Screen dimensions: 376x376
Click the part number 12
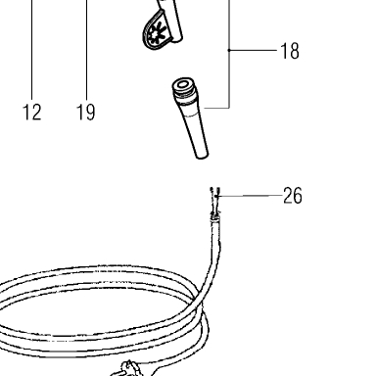pyautogui.click(x=31, y=112)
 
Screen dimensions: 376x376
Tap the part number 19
pyautogui.click(x=85, y=112)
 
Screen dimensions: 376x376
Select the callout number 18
pyautogui.click(x=290, y=51)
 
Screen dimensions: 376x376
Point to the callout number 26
pyautogui.click(x=293, y=196)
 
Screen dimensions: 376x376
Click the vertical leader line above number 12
pyautogui.click(x=32, y=49)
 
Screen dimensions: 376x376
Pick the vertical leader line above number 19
pyautogui.click(x=86, y=49)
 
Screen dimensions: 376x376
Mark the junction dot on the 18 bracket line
pyautogui.click(x=229, y=50)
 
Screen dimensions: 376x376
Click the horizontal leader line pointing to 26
pyautogui.click(x=250, y=196)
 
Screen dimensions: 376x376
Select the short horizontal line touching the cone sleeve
pyautogui.click(x=216, y=108)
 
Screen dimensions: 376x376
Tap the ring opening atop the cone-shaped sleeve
pyautogui.click(x=183, y=85)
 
